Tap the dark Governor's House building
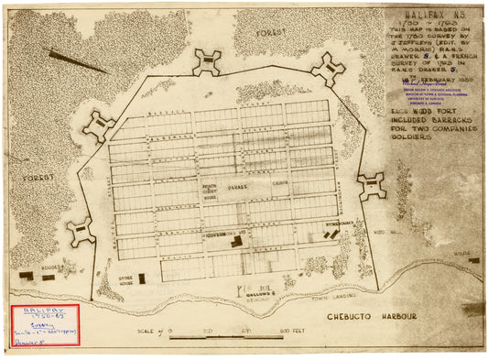237,242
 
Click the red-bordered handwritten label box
44,324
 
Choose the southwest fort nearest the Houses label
81,232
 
